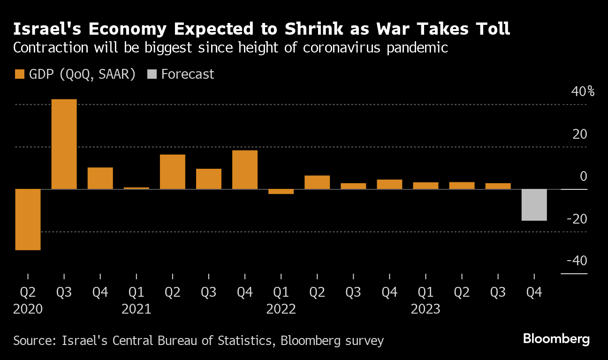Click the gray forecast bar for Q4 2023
point(534,205)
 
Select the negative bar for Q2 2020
point(28,219)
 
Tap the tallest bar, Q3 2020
point(64,144)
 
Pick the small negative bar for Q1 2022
point(281,191)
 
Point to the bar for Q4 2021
point(245,170)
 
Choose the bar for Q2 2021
point(173,172)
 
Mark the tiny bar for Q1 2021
point(137,188)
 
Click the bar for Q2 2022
point(317,182)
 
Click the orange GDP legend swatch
point(20,74)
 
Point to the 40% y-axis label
point(582,91)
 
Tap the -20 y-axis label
point(577,219)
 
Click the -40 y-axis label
point(577,261)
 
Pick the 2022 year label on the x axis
point(281,309)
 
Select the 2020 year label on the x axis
point(28,309)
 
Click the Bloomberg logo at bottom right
point(556,339)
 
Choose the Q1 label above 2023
point(426,292)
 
